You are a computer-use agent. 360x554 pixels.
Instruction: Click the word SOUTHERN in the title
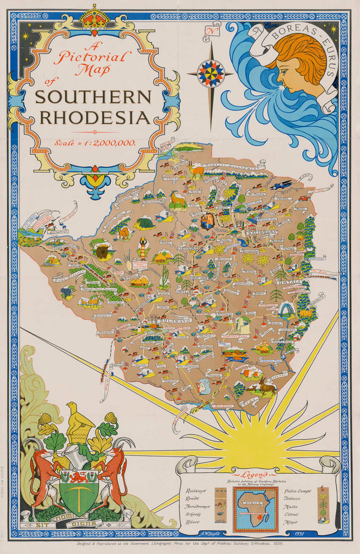click(x=94, y=97)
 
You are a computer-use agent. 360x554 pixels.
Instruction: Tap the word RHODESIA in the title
click(x=94, y=117)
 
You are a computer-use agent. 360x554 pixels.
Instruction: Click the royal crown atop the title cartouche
click(x=94, y=17)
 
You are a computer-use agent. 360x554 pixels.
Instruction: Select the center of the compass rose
click(x=210, y=74)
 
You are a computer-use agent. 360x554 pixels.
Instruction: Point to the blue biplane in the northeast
click(x=282, y=185)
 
